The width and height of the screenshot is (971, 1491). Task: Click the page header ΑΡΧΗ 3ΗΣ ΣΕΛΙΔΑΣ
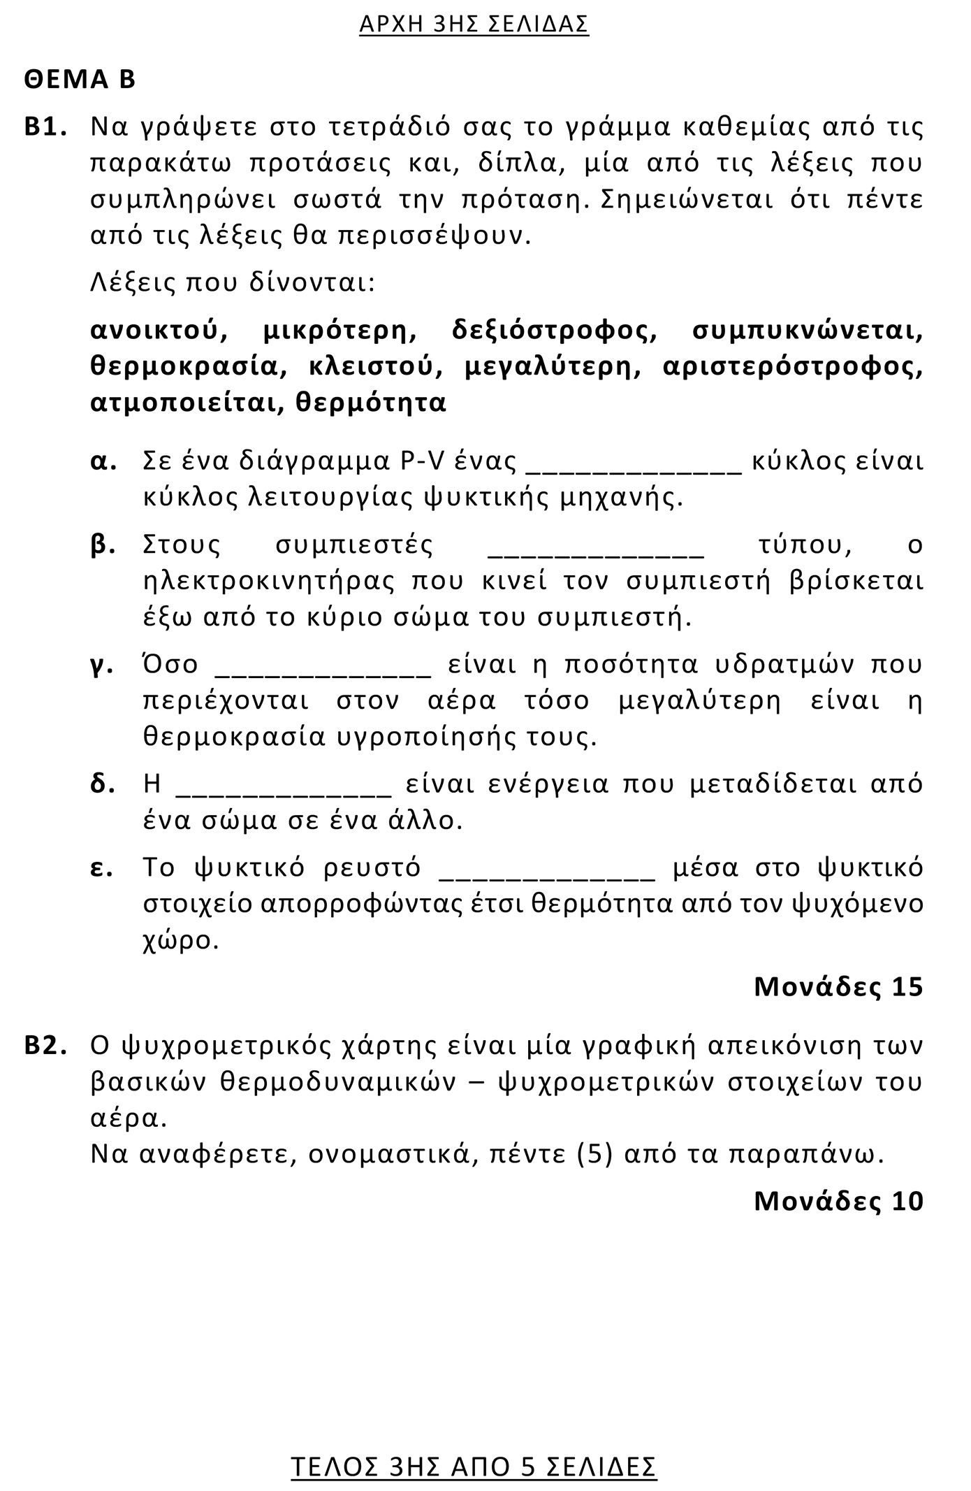[474, 24]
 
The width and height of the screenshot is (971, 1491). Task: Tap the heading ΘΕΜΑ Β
[80, 80]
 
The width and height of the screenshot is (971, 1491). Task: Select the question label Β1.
[45, 128]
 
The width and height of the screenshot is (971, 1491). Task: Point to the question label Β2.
[45, 1046]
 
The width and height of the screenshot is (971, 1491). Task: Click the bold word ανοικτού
[159, 331]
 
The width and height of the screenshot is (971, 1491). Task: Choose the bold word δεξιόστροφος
[555, 331]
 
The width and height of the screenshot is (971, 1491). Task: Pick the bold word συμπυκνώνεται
[807, 331]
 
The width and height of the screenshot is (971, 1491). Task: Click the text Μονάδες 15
[838, 986]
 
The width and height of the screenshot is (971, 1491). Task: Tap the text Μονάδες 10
[838, 1201]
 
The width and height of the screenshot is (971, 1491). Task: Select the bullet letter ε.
[102, 868]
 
